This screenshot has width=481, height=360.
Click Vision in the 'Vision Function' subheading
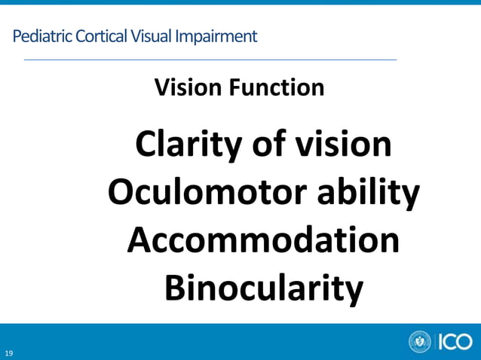tap(184, 87)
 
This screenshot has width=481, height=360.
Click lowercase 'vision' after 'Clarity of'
tap(343, 145)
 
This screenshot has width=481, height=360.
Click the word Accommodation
tap(263, 240)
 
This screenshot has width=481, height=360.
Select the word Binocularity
tap(263, 288)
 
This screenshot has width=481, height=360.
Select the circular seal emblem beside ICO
tap(420, 342)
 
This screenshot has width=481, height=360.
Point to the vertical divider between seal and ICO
tap(435, 342)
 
